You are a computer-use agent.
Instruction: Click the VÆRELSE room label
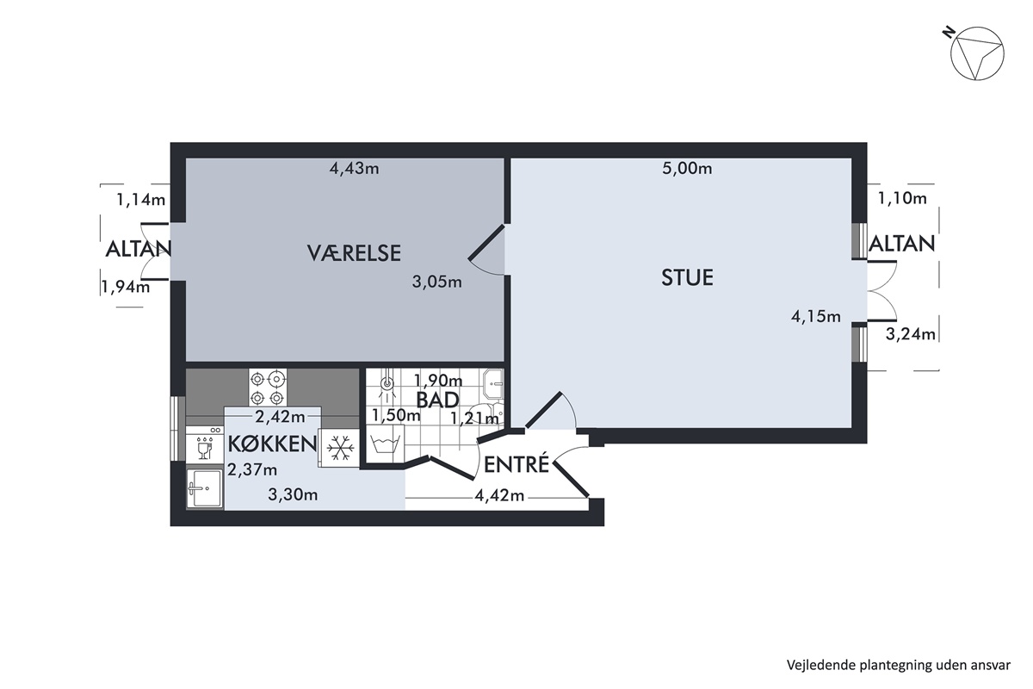(354, 253)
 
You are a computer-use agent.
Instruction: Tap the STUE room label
(687, 278)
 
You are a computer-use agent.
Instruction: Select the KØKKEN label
(273, 444)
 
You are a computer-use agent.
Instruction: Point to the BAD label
(437, 400)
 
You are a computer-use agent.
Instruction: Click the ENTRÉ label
(516, 464)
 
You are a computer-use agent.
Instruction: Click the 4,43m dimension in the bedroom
(354, 169)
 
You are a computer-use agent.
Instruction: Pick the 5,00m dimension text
(687, 169)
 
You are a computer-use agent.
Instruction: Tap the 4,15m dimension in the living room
(816, 317)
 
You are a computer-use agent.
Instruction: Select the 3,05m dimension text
(436, 282)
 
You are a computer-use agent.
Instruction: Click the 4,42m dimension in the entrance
(499, 495)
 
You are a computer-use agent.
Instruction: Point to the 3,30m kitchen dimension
(293, 495)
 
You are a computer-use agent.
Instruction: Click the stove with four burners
(268, 388)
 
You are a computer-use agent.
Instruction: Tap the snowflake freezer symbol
(340, 448)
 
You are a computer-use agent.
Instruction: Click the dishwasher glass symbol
(203, 445)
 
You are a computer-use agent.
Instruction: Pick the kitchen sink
(205, 489)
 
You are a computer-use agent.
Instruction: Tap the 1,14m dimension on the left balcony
(141, 200)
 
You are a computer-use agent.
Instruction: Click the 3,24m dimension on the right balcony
(911, 334)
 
